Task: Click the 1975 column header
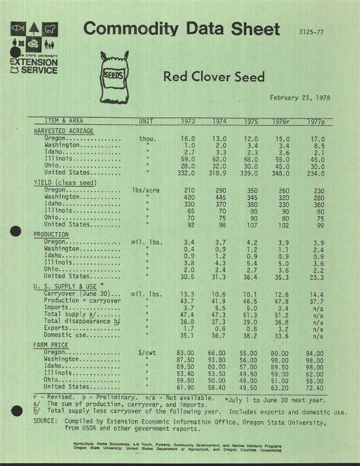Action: [251, 122]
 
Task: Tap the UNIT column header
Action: [146, 122]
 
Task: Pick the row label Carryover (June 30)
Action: [78, 293]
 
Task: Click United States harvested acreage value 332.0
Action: [187, 173]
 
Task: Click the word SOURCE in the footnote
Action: [46, 418]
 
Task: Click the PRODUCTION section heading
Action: [52, 235]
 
